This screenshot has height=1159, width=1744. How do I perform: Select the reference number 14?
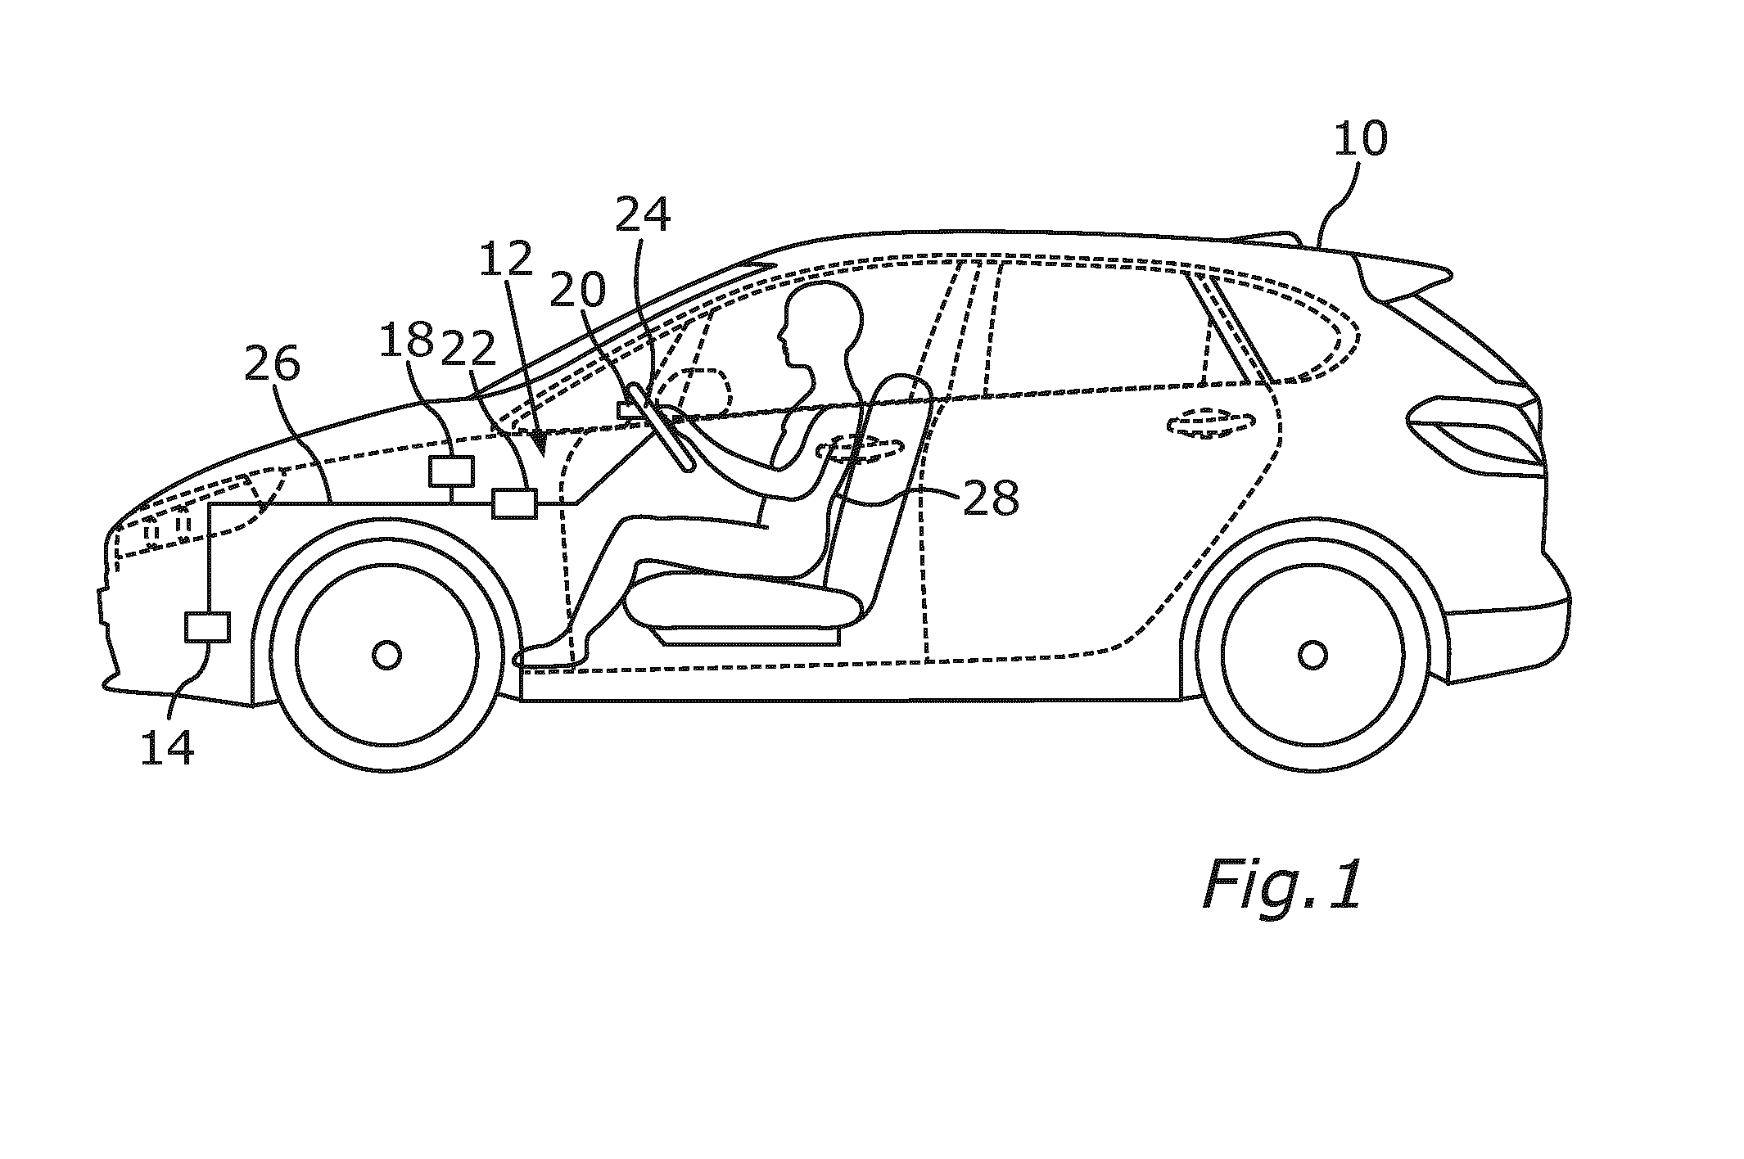pyautogui.click(x=167, y=747)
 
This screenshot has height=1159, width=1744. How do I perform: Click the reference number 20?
pyautogui.click(x=578, y=289)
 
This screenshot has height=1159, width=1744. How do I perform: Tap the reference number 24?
pyautogui.click(x=643, y=214)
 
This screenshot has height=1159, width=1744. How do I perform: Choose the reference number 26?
pyautogui.click(x=273, y=363)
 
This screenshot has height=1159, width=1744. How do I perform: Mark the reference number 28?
pyautogui.click(x=992, y=497)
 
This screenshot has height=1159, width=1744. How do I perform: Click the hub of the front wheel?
pyautogui.click(x=386, y=655)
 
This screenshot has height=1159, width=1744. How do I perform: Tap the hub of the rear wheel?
pyautogui.click(x=1313, y=655)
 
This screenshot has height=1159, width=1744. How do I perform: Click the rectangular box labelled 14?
pyautogui.click(x=208, y=627)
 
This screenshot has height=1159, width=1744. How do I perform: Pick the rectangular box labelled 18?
pyautogui.click(x=452, y=471)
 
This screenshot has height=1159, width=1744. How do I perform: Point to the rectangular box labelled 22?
pyautogui.click(x=514, y=503)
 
